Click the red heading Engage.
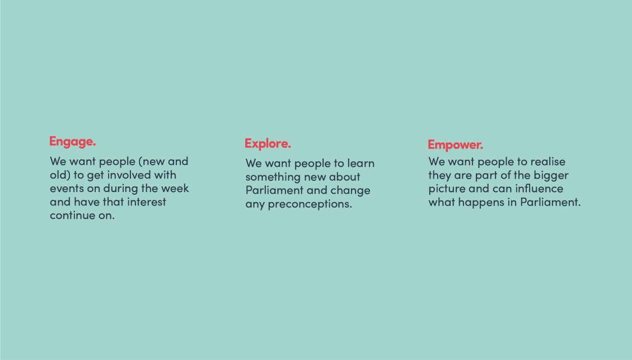point(73,142)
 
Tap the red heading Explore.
point(268,143)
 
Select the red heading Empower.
point(455,144)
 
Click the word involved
point(131,175)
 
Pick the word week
point(175,188)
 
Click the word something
point(273,177)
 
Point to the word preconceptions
point(310,204)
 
